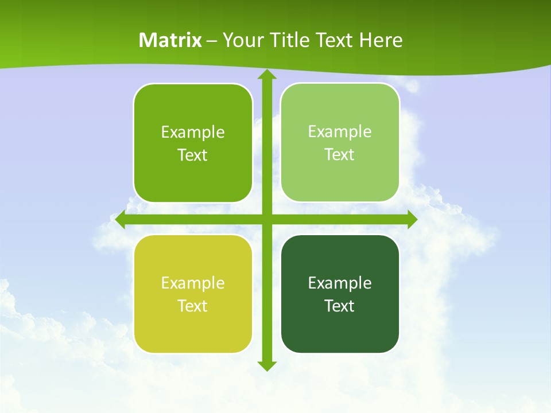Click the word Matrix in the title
point(170,40)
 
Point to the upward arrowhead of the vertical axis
point(267,75)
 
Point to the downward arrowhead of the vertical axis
point(267,366)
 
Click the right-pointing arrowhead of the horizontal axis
point(412,220)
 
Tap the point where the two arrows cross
point(267,220)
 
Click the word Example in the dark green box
point(339,283)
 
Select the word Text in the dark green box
point(339,306)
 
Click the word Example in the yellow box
point(192,283)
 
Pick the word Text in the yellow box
point(192,306)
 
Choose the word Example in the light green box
point(339,131)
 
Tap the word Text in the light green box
point(339,154)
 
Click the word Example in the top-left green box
point(192,132)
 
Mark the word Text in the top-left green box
point(192,155)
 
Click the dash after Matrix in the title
point(212,41)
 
